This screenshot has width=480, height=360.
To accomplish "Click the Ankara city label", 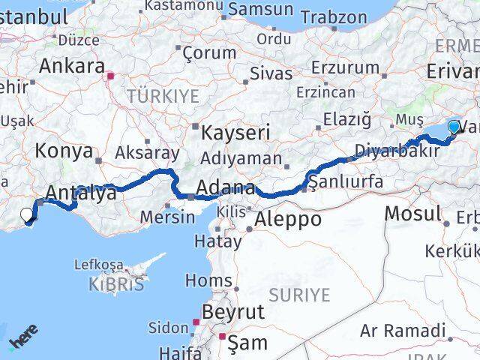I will [x=71, y=66].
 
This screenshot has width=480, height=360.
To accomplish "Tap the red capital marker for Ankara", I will [x=111, y=76].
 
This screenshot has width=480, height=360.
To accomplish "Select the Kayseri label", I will [x=235, y=133].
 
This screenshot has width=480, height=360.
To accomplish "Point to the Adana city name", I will [x=225, y=187].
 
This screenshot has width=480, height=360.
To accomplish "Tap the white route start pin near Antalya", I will [x=26, y=215].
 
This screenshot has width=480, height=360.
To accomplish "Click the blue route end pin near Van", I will [x=454, y=127].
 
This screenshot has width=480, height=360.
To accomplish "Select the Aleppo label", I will [x=288, y=220].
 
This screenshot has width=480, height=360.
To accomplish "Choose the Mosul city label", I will [x=412, y=214].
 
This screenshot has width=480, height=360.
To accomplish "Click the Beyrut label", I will [x=233, y=311].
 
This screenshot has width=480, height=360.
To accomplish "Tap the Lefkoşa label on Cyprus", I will [x=98, y=265].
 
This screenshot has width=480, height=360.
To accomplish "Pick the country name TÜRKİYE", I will [x=163, y=96].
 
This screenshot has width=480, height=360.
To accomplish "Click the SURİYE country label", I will [x=300, y=295].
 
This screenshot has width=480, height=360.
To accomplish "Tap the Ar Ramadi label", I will [x=402, y=330].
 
